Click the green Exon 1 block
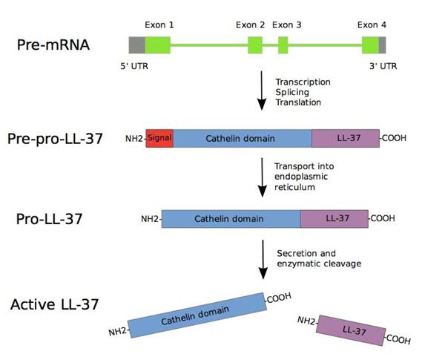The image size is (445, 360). (157, 44)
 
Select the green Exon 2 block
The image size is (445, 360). (255, 44)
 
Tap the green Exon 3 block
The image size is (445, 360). (283, 44)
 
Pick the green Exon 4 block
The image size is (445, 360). (370, 44)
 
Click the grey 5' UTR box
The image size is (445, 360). (136, 44)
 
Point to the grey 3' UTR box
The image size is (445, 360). (382, 44)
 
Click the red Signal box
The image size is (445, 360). (159, 138)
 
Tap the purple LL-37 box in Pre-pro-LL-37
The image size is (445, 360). (345, 138)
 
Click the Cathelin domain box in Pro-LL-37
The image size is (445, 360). (231, 219)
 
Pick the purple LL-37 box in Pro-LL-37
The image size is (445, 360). (334, 219)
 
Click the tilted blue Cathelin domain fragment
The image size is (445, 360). (197, 315)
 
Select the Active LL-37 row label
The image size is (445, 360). (57, 304)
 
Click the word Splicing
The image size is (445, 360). (293, 91)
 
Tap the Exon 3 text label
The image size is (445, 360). (287, 24)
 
